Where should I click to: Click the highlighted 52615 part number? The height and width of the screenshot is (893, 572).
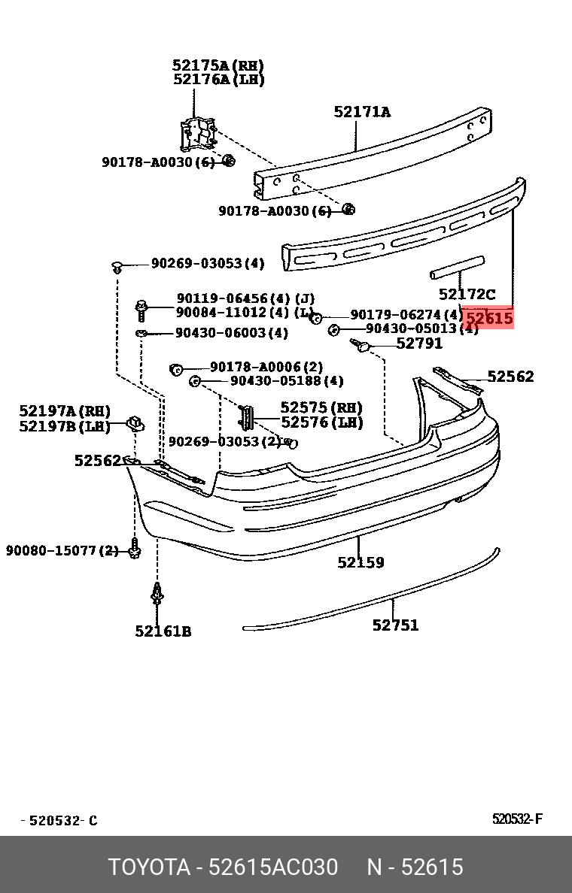click(x=489, y=318)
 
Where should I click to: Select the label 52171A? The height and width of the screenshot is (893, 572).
click(x=362, y=112)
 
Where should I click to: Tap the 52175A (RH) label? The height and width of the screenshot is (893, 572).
click(x=218, y=65)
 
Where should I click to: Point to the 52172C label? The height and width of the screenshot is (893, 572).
click(x=467, y=295)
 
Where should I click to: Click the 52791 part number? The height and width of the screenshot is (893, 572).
click(x=419, y=344)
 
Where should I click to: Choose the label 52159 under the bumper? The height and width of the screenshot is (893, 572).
click(x=361, y=562)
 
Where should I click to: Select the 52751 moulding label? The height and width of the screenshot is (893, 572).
click(x=395, y=625)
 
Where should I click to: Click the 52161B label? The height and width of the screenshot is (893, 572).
click(x=163, y=631)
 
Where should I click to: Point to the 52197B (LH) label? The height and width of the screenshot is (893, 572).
click(x=65, y=426)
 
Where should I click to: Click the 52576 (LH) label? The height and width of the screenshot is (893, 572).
click(x=321, y=422)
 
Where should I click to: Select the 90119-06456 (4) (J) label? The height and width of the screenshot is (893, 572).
click(x=245, y=298)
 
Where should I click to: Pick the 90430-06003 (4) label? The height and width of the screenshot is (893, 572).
click(x=232, y=333)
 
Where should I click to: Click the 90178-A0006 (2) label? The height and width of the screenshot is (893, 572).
click(x=266, y=367)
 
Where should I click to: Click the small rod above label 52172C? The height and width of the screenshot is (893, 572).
click(x=456, y=266)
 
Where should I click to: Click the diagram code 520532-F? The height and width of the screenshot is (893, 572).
click(x=517, y=819)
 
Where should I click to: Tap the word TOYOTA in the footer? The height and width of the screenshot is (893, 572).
click(x=149, y=867)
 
